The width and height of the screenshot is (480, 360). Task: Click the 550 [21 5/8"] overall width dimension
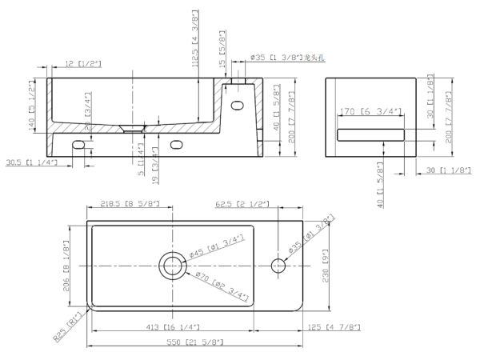pos(196,342)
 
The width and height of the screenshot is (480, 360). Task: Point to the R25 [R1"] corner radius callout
pos(70,327)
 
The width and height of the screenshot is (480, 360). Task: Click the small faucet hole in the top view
pos(280,265)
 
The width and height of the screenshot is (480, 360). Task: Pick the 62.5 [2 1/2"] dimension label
pos(242,206)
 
